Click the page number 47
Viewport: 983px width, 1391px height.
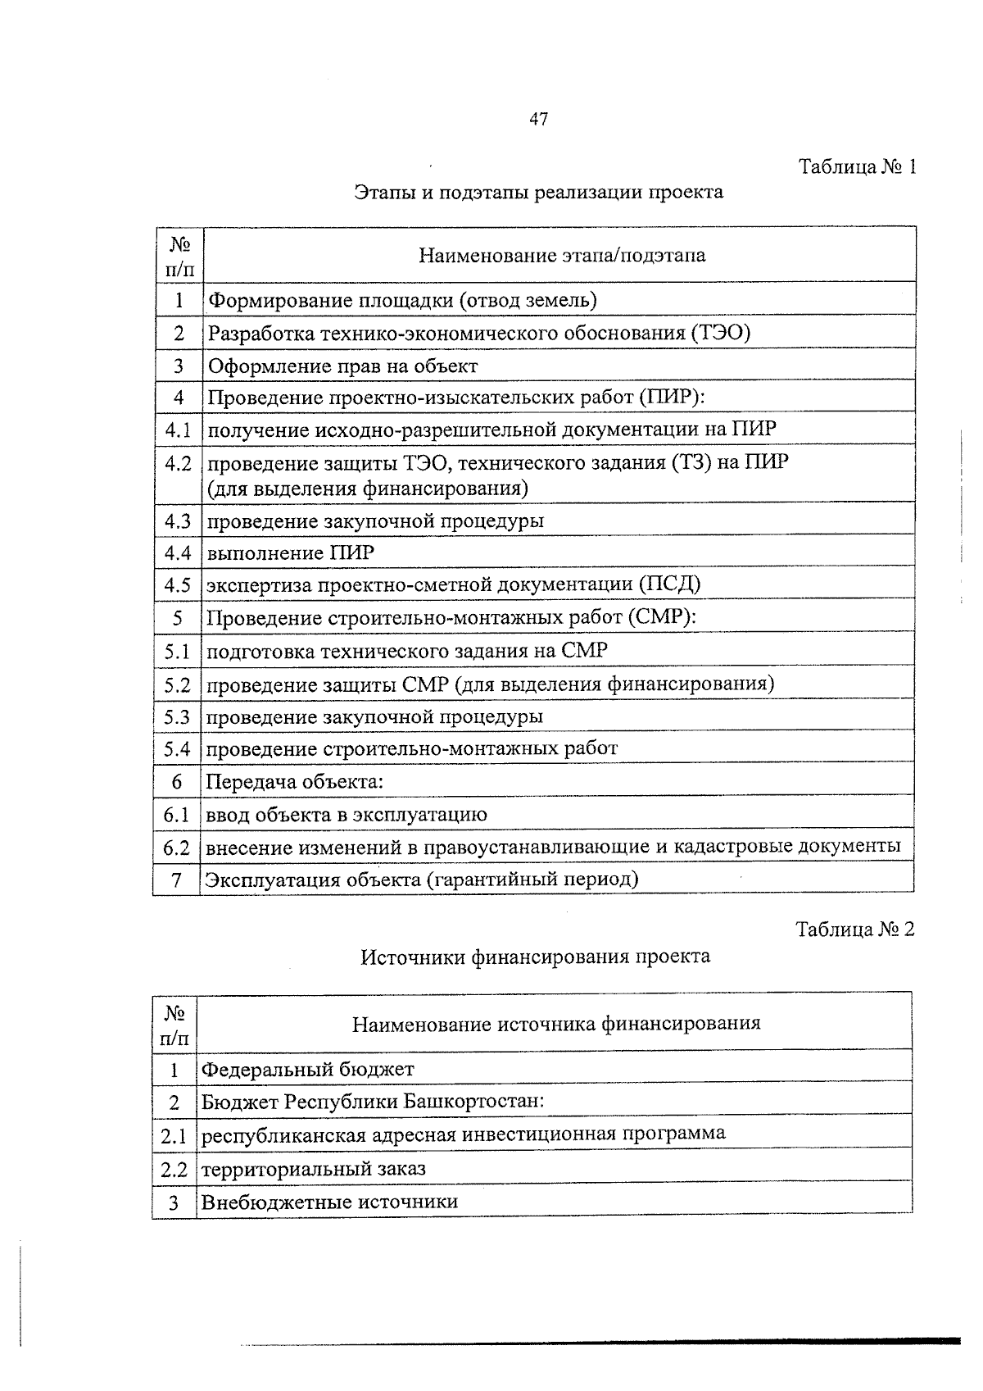pyautogui.click(x=538, y=120)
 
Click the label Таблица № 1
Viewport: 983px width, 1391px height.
pyautogui.click(x=856, y=167)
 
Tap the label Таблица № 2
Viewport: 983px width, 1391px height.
pyautogui.click(x=854, y=930)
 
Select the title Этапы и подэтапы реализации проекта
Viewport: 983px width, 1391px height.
pyautogui.click(x=538, y=193)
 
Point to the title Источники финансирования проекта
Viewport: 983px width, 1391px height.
pyautogui.click(x=536, y=957)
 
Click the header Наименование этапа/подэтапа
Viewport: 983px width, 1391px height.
pyautogui.click(x=561, y=255)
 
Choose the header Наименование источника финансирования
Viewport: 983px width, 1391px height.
pyautogui.click(x=556, y=1023)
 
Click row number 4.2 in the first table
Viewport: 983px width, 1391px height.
pyautogui.click(x=178, y=464)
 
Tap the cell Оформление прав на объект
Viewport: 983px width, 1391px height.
pyautogui.click(x=342, y=366)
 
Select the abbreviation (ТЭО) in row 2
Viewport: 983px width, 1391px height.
pyautogui.click(x=720, y=333)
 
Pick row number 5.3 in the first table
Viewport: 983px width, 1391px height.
pyautogui.click(x=177, y=717)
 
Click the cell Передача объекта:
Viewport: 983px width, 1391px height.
pyautogui.click(x=294, y=782)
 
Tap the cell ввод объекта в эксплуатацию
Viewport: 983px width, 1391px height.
pyautogui.click(x=346, y=815)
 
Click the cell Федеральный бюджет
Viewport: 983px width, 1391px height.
pyautogui.click(x=308, y=1070)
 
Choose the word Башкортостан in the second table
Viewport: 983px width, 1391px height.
pyautogui.click(x=473, y=1101)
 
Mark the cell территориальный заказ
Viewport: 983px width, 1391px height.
pyautogui.click(x=314, y=1169)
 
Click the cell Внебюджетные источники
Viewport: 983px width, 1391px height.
pyautogui.click(x=329, y=1202)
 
